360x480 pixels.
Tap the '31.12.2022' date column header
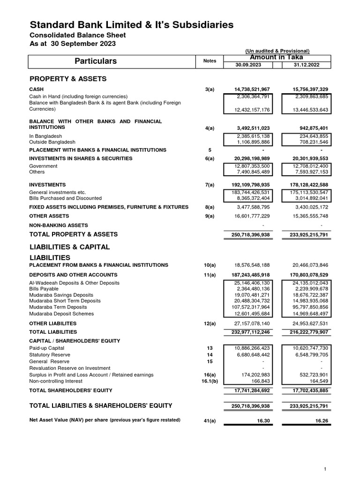pyautogui.click(x=306, y=65)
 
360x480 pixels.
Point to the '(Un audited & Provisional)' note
pyautogui.click(x=277, y=51)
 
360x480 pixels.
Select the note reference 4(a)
pyautogui.click(x=210, y=127)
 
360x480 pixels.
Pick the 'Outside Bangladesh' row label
pyautogui.click(x=52, y=142)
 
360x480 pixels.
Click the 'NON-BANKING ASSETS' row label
pyautogui.click(x=59, y=225)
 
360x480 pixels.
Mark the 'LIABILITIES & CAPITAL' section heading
pyautogui.click(x=69, y=247)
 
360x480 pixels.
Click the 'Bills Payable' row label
pyautogui.click(x=44, y=289)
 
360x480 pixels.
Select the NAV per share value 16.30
pyautogui.click(x=262, y=421)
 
